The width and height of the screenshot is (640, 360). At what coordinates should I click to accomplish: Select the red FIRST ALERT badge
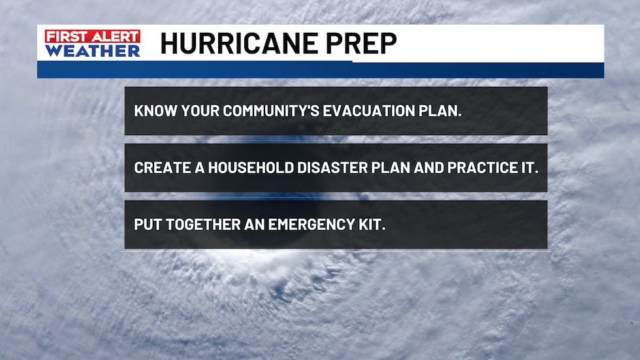[92, 37]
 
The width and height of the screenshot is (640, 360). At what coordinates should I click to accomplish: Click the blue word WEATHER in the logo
[93, 51]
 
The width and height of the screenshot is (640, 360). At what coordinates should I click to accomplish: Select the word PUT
[146, 224]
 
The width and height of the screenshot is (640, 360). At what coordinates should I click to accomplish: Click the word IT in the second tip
[528, 167]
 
